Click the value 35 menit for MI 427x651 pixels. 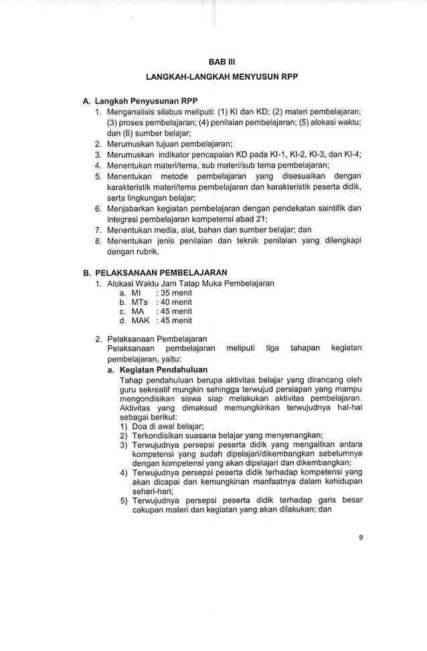coord(173,293)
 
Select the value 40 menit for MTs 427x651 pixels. coord(173,302)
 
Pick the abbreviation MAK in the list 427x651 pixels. coord(140,320)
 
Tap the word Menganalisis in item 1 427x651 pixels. coord(134,111)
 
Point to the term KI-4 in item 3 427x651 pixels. coord(351,154)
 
